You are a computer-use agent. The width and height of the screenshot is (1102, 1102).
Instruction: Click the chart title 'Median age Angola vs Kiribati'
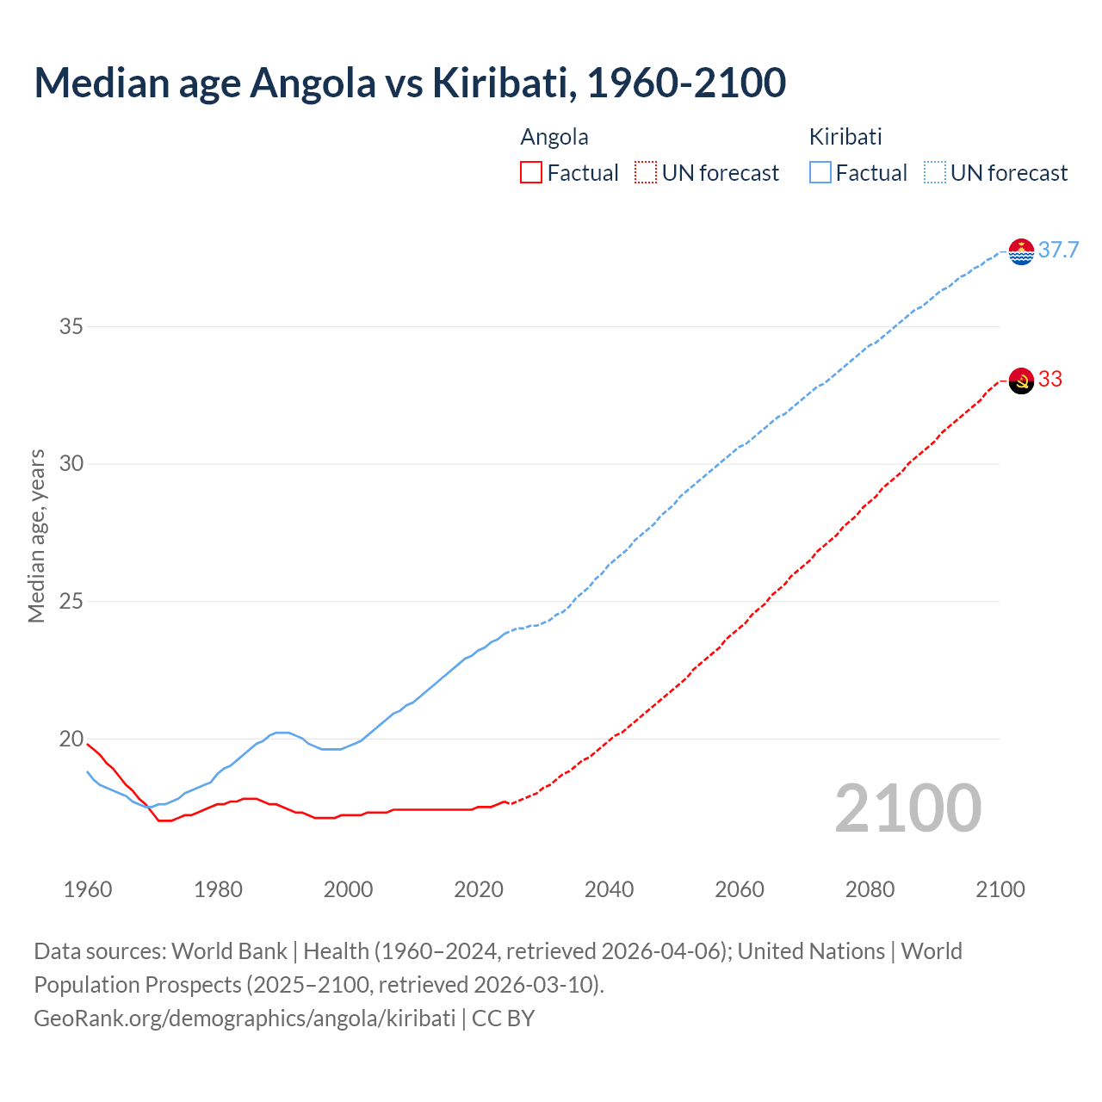[x=410, y=83]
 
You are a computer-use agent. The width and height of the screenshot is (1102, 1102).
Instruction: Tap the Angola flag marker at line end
[x=1021, y=381]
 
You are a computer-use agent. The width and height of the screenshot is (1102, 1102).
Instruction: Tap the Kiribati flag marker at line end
[x=1021, y=251]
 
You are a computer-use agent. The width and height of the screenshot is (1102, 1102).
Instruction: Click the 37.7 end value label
[x=1058, y=251]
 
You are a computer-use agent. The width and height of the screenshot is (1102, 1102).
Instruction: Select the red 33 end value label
[x=1050, y=380]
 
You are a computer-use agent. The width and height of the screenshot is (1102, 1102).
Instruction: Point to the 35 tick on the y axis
[x=71, y=326]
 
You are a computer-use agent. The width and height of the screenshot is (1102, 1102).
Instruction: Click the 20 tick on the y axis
[x=71, y=739]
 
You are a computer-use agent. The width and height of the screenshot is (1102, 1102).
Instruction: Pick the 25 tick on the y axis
[x=71, y=601]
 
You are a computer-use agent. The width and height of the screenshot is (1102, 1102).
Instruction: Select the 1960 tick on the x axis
[x=88, y=889]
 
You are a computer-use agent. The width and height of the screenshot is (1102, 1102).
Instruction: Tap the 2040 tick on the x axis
[x=609, y=889]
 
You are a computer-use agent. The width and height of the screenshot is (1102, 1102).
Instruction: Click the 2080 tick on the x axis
[x=870, y=889]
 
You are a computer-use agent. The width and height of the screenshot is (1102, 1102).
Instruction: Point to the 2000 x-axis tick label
[x=349, y=889]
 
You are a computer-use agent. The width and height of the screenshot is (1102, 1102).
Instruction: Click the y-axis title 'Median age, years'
[x=36, y=536]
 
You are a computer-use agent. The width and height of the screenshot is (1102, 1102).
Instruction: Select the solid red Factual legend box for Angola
[x=531, y=173]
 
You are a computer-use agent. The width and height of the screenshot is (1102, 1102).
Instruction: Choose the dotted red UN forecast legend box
[x=646, y=173]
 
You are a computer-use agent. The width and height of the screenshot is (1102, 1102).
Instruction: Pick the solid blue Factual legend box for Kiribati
[x=820, y=173]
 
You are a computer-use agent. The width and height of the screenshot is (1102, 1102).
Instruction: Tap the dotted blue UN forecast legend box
[x=935, y=173]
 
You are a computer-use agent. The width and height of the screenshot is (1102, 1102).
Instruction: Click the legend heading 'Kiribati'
[x=845, y=137]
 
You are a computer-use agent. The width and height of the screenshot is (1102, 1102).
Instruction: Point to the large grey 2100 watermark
[x=907, y=808]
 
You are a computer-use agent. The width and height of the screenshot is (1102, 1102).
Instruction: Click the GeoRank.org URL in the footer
[x=245, y=1018]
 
